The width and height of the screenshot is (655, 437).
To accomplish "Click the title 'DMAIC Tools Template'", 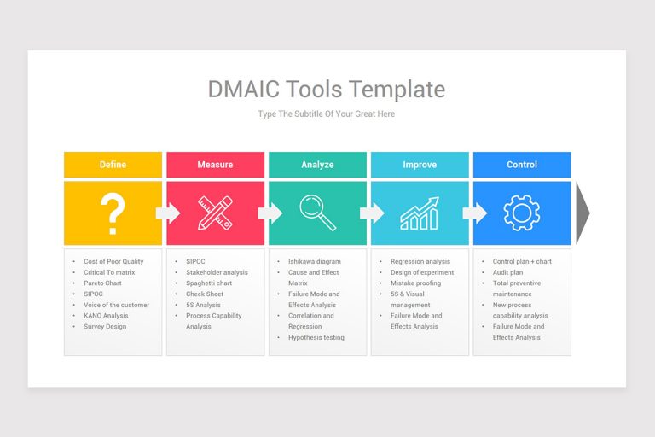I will [x=327, y=90].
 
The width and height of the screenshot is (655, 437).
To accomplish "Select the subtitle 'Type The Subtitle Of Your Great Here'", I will [x=327, y=114].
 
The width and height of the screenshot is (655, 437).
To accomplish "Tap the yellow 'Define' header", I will [x=113, y=165].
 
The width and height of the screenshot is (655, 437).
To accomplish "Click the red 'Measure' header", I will [x=215, y=165].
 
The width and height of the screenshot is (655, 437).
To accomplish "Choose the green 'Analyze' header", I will [x=317, y=165].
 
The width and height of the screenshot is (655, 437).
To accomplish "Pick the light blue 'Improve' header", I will [x=420, y=165].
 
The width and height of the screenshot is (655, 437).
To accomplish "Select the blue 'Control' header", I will [x=522, y=165].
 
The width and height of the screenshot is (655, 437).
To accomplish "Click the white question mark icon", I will [x=113, y=213].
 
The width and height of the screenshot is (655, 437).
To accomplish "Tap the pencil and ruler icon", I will [x=215, y=213].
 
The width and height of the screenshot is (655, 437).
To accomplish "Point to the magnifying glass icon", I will [x=317, y=213].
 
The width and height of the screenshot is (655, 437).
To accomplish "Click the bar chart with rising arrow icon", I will [x=420, y=213].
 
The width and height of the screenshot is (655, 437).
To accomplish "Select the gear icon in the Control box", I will [x=522, y=213].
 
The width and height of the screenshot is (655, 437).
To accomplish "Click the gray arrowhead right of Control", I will [x=583, y=213].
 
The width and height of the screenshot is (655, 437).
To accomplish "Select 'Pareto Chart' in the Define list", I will [x=102, y=283].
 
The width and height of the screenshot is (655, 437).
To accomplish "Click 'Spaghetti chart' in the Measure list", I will [x=209, y=283].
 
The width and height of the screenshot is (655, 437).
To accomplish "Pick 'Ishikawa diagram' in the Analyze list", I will [x=314, y=262].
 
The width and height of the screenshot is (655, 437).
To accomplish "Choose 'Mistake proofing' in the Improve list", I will [x=415, y=283].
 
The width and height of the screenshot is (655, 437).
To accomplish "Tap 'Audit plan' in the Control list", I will [x=507, y=273].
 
